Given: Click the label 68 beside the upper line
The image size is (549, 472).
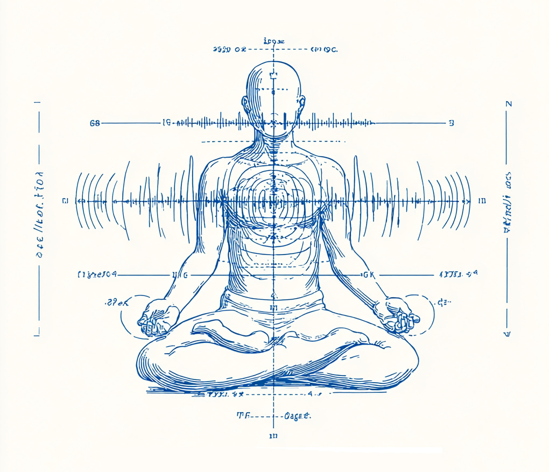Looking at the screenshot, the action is (x=95, y=123).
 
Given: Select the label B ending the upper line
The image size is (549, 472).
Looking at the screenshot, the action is (x=451, y=123).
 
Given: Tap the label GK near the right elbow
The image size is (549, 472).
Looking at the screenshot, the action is (x=369, y=275).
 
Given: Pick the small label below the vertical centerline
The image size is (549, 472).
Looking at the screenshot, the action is (x=273, y=435).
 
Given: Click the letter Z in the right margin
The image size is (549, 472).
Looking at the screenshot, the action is (x=509, y=104).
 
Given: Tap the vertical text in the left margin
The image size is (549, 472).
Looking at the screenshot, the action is (x=40, y=215).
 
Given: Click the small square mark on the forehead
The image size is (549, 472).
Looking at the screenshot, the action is (x=273, y=75).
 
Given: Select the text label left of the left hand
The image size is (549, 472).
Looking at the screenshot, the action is (x=116, y=302).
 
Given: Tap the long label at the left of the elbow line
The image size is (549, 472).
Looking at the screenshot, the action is (x=97, y=275).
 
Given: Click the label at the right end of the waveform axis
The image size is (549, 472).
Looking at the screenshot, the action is (x=482, y=201).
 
